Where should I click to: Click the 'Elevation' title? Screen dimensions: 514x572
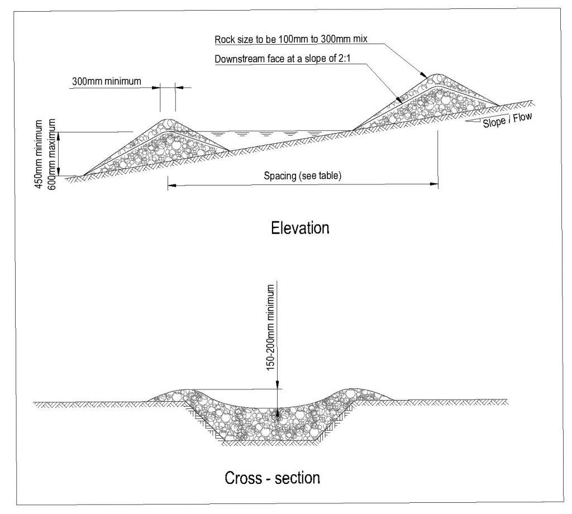coord(299,228)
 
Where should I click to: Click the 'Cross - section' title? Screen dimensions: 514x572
coord(272,478)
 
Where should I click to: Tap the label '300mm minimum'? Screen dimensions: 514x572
coord(106,82)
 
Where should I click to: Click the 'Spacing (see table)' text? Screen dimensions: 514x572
coord(302,175)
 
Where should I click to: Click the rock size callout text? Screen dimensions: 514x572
coord(290,40)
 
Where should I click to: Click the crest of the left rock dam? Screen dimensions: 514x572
coord(168,121)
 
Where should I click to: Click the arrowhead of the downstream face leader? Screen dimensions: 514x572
coord(399,101)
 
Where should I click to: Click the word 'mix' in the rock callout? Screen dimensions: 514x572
coord(359,40)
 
